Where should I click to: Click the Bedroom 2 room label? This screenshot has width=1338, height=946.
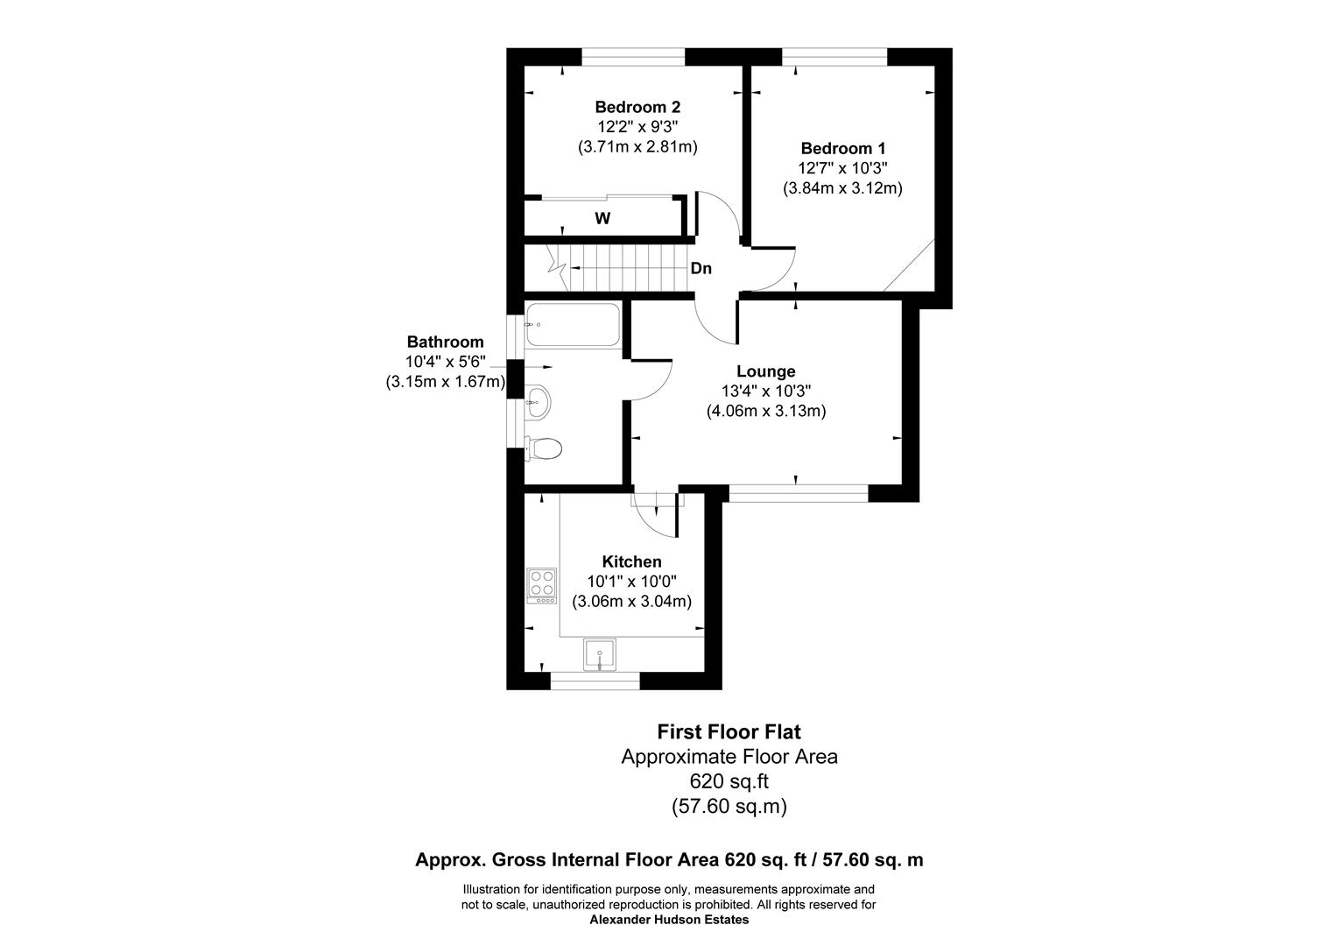click(637, 107)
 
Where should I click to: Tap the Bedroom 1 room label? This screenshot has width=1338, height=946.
click(842, 148)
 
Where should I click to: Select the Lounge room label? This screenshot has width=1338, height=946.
click(765, 371)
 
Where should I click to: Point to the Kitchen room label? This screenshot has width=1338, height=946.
click(631, 561)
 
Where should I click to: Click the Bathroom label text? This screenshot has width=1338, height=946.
click(445, 342)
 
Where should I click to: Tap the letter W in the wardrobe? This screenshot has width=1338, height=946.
click(602, 219)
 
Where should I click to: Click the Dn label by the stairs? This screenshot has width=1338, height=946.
click(701, 269)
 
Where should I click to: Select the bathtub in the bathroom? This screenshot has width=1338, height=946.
click(573, 326)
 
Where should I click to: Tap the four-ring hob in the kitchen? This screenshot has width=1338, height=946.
click(542, 586)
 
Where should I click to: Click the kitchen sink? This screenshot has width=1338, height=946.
click(600, 654)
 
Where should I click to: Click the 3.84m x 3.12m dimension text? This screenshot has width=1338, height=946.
click(842, 187)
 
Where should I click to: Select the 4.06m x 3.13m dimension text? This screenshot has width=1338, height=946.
click(766, 410)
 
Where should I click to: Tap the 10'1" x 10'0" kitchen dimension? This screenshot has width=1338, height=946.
click(631, 582)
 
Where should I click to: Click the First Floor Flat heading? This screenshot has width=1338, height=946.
click(729, 731)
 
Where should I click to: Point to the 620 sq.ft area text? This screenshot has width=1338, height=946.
click(729, 780)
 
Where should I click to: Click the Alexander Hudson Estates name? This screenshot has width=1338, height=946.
click(669, 920)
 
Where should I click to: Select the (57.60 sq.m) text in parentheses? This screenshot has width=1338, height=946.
click(729, 805)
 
